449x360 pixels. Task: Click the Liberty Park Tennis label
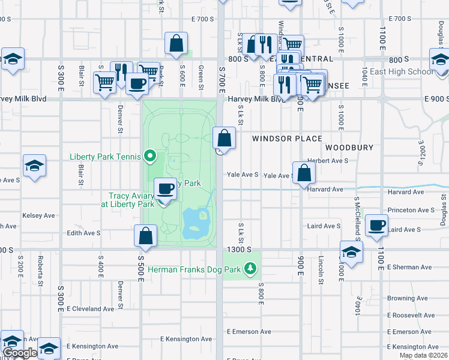point(104,157)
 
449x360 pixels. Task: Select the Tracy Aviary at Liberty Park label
point(131,200)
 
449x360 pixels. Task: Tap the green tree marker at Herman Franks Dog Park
point(250,269)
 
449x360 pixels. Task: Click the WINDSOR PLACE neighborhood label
point(287,139)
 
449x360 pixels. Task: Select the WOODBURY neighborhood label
point(349,148)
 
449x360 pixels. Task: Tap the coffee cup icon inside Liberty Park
point(166,189)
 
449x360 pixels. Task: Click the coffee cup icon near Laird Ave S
point(376,225)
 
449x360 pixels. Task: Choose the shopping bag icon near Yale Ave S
point(305,173)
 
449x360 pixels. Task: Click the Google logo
point(20,353)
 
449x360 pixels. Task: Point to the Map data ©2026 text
point(423,355)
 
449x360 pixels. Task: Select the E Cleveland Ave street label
point(91,309)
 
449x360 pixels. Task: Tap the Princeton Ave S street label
point(411,211)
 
